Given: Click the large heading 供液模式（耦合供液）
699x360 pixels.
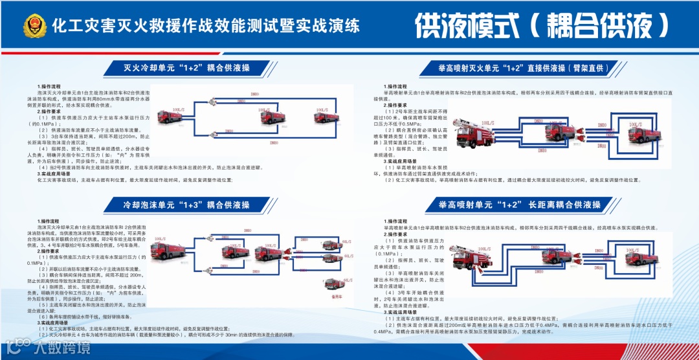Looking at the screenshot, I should coord(542,27).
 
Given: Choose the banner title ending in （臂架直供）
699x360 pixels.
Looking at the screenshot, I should coord(525,67).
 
